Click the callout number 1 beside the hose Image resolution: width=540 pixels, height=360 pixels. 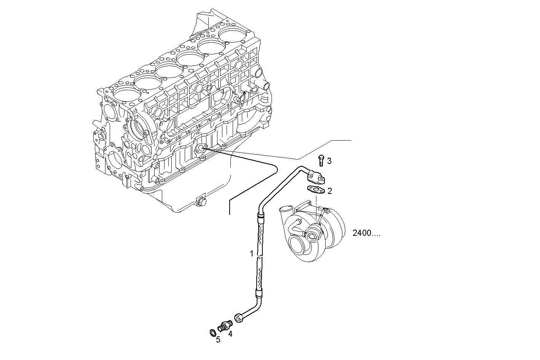tap(251, 253)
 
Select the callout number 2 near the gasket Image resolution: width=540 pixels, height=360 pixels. tap(330, 191)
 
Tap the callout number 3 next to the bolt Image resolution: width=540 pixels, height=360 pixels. tap(329, 161)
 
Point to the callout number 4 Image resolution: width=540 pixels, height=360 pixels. tap(230, 334)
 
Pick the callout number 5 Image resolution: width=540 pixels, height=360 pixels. tap(218, 340)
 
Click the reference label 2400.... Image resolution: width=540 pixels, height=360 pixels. tap(366, 233)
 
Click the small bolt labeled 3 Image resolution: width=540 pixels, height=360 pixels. tap(321, 160)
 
